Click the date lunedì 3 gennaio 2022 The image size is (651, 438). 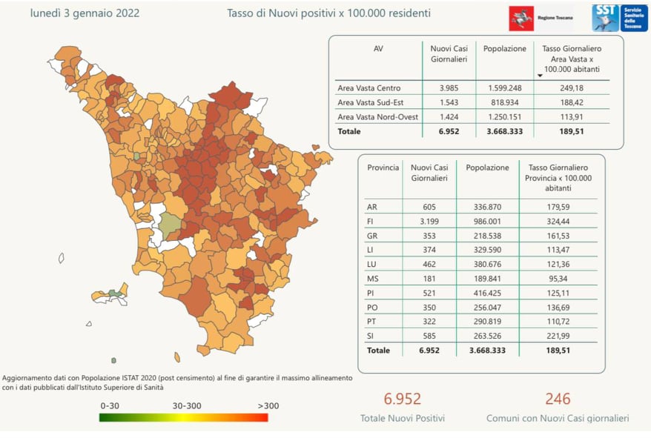(x=85, y=13)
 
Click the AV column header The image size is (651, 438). (x=378, y=49)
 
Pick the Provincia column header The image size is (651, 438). (x=383, y=167)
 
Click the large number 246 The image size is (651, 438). (x=558, y=399)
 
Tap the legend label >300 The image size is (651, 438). (x=268, y=405)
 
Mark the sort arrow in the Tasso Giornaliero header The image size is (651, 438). (x=541, y=75)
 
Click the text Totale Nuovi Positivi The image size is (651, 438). (x=403, y=418)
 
